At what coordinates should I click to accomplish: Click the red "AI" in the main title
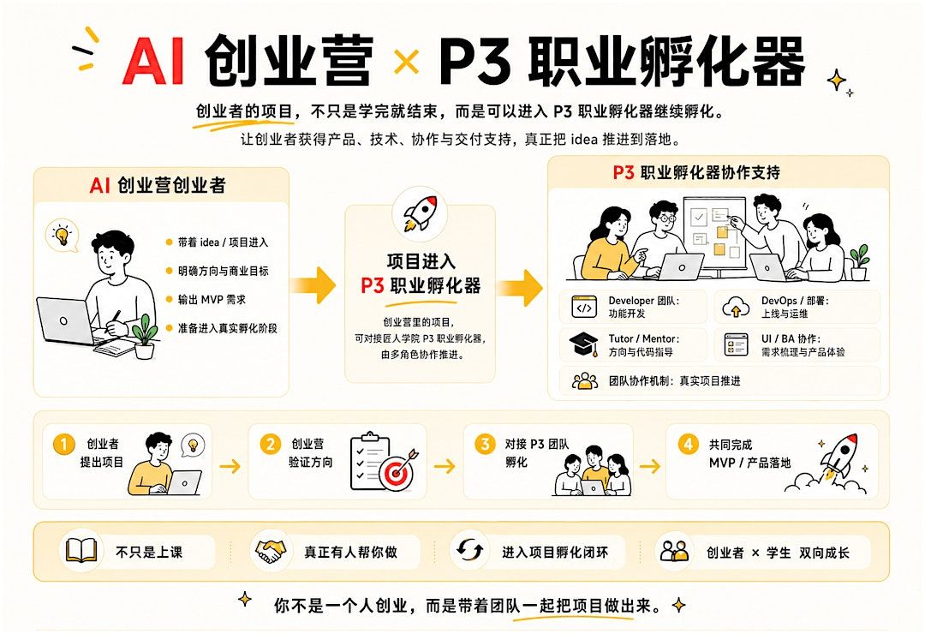[x=153, y=62]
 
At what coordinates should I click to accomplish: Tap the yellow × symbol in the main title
[x=407, y=62]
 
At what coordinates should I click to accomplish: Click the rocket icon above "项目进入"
[x=420, y=213]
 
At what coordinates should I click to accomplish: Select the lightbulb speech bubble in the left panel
[x=63, y=236]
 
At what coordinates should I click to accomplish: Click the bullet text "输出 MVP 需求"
[x=212, y=299]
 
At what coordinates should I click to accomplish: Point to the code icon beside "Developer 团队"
[x=584, y=307]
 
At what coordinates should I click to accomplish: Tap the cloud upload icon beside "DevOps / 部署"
[x=736, y=308]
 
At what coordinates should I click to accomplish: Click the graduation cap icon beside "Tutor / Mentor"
[x=583, y=344]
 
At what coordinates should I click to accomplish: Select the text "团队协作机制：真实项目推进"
[x=674, y=381]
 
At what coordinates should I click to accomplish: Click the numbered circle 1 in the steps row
[x=63, y=445]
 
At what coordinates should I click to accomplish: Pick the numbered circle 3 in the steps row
[x=485, y=444]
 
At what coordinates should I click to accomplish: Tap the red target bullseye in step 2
[x=396, y=472]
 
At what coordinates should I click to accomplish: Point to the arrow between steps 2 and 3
[x=445, y=466]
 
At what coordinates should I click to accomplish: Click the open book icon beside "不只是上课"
[x=81, y=551]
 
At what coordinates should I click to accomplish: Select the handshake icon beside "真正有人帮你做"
[x=270, y=552]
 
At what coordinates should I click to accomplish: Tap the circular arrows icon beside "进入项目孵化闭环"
[x=469, y=551]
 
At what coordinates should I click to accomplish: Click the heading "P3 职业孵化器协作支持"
[x=696, y=172]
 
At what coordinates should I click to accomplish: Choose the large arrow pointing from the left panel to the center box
[x=313, y=285]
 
